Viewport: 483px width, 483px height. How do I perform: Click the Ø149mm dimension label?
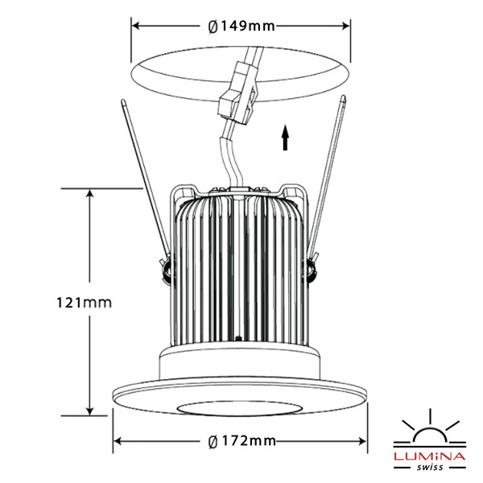point(242,27)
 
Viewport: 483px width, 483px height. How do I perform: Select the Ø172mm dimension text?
point(242,441)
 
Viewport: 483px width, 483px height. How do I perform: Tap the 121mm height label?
point(84,303)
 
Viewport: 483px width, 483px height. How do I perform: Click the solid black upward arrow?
point(286,138)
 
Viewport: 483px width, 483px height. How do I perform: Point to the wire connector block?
point(238,92)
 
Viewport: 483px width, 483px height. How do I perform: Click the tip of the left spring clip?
point(123,101)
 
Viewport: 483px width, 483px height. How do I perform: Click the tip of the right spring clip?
point(343,98)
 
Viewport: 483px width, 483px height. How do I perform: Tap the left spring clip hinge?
point(167,267)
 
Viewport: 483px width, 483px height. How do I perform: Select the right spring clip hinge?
point(312,267)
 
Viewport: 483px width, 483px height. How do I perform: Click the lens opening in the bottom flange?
point(239,408)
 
